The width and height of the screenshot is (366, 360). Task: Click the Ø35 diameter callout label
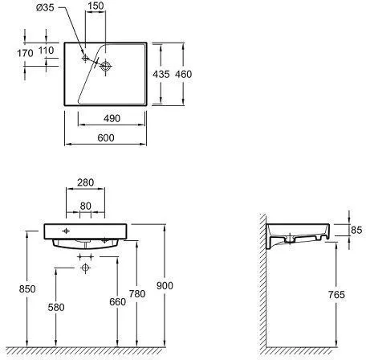pyautogui.click(x=45, y=7)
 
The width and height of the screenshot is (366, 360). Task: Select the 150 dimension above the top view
pyautogui.click(x=96, y=6)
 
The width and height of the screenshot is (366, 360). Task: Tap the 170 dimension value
pyautogui.click(x=25, y=53)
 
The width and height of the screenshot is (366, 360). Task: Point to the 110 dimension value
pyautogui.click(x=47, y=50)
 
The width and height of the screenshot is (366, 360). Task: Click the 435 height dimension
pyautogui.click(x=161, y=74)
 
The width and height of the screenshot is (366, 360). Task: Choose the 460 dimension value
pyautogui.click(x=183, y=74)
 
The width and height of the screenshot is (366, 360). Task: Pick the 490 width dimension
pyautogui.click(x=112, y=118)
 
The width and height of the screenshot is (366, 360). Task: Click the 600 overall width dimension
pyautogui.click(x=106, y=137)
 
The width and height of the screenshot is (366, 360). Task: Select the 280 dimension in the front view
pyautogui.click(x=86, y=182)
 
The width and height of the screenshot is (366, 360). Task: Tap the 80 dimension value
pyautogui.click(x=86, y=206)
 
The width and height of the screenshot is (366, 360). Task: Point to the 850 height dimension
pyautogui.click(x=27, y=288)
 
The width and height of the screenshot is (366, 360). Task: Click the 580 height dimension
pyautogui.click(x=56, y=307)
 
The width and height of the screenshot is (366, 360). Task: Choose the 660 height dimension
pyautogui.click(x=117, y=302)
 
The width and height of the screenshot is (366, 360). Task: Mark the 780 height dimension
pyautogui.click(x=137, y=294)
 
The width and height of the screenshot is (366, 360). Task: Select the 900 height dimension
pyautogui.click(x=165, y=285)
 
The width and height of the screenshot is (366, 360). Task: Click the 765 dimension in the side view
pyautogui.click(x=336, y=295)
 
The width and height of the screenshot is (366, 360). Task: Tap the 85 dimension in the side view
pyautogui.click(x=356, y=230)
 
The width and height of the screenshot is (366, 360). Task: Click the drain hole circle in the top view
pyautogui.click(x=105, y=66)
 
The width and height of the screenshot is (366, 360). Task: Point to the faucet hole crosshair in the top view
pyautogui.click(x=85, y=58)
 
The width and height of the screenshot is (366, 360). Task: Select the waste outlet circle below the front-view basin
pyautogui.click(x=85, y=268)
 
